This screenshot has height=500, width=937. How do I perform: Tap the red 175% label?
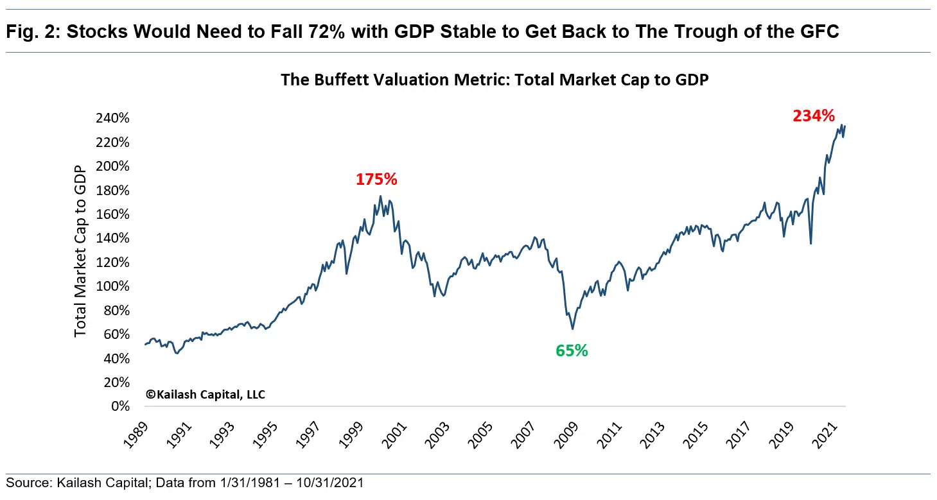pos(376,180)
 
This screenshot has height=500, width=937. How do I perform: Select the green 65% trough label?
pos(572,350)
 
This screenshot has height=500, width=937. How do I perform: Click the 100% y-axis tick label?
pos(114,286)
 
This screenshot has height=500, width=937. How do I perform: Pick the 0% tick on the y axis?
pos(120,406)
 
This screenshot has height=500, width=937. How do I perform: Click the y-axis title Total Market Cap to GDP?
pos(80,251)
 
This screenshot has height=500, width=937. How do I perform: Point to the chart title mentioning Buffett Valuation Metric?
pos(494,80)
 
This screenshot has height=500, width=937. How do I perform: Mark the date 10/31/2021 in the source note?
pos(332,483)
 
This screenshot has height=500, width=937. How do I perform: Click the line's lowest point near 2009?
pos(572,329)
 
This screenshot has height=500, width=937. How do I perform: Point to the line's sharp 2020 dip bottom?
pos(810,243)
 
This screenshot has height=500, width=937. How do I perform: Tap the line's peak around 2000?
pos(380,196)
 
